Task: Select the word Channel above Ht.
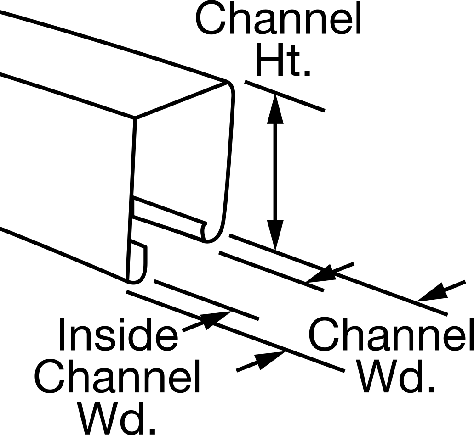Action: (278, 19)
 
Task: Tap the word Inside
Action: (118, 334)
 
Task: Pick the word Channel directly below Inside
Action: (117, 376)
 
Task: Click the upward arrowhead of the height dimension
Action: (275, 109)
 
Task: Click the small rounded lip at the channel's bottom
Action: (137, 262)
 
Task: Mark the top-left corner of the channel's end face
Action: (135, 117)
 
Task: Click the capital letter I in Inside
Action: (62, 334)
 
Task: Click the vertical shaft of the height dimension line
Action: (275, 172)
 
